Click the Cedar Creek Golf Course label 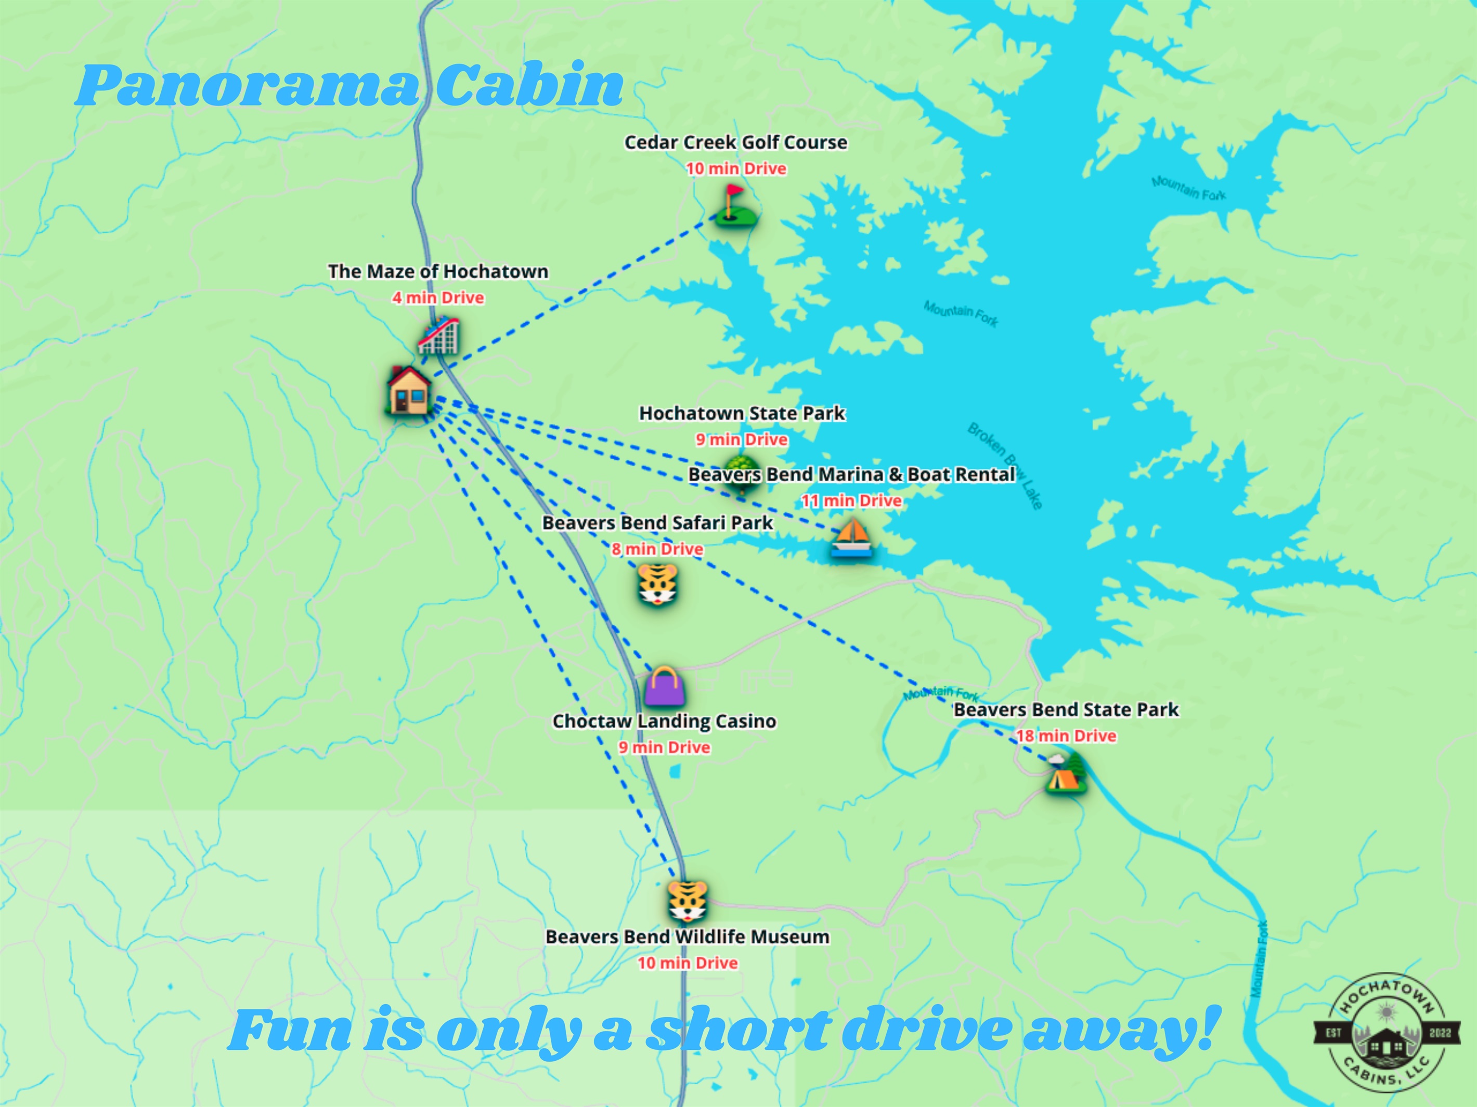click(x=736, y=142)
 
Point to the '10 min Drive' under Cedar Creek click(x=736, y=169)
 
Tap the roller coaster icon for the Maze click(x=439, y=336)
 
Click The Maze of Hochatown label click(x=438, y=272)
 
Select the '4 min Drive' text click(x=438, y=298)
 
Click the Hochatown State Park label click(x=742, y=413)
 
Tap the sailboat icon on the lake click(x=851, y=538)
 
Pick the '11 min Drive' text click(x=851, y=500)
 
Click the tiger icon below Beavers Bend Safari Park click(x=658, y=585)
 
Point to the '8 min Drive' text click(x=658, y=549)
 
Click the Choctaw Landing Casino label click(x=664, y=721)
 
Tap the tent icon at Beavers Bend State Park click(x=1066, y=774)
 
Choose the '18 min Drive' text click(x=1066, y=736)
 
